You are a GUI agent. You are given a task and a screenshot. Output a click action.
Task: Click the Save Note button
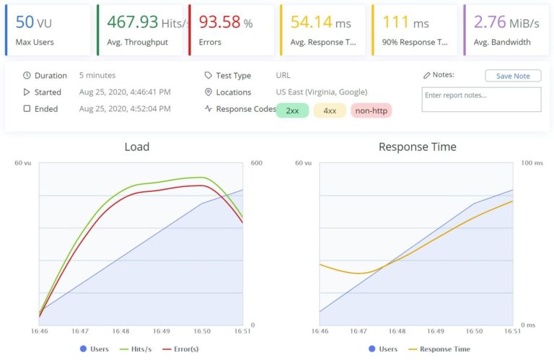(512, 76)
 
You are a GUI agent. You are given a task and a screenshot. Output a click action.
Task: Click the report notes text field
(481, 100)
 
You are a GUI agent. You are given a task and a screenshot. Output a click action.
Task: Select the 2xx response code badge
(292, 110)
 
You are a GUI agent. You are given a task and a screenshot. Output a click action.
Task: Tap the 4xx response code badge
(330, 110)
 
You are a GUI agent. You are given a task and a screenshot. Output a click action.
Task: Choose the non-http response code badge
(371, 110)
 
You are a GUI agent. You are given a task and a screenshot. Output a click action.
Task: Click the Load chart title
(136, 146)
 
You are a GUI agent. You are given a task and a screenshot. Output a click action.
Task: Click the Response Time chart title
(417, 146)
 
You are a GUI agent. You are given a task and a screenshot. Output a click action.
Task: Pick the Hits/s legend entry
(136, 349)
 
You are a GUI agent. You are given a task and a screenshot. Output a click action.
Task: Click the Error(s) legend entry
(185, 349)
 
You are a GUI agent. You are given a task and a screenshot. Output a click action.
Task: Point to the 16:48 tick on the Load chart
(120, 331)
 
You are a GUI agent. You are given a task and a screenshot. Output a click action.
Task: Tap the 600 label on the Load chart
(256, 163)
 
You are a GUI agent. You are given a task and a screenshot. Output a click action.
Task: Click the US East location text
(321, 92)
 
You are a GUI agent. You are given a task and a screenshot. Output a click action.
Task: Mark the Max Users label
(35, 42)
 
